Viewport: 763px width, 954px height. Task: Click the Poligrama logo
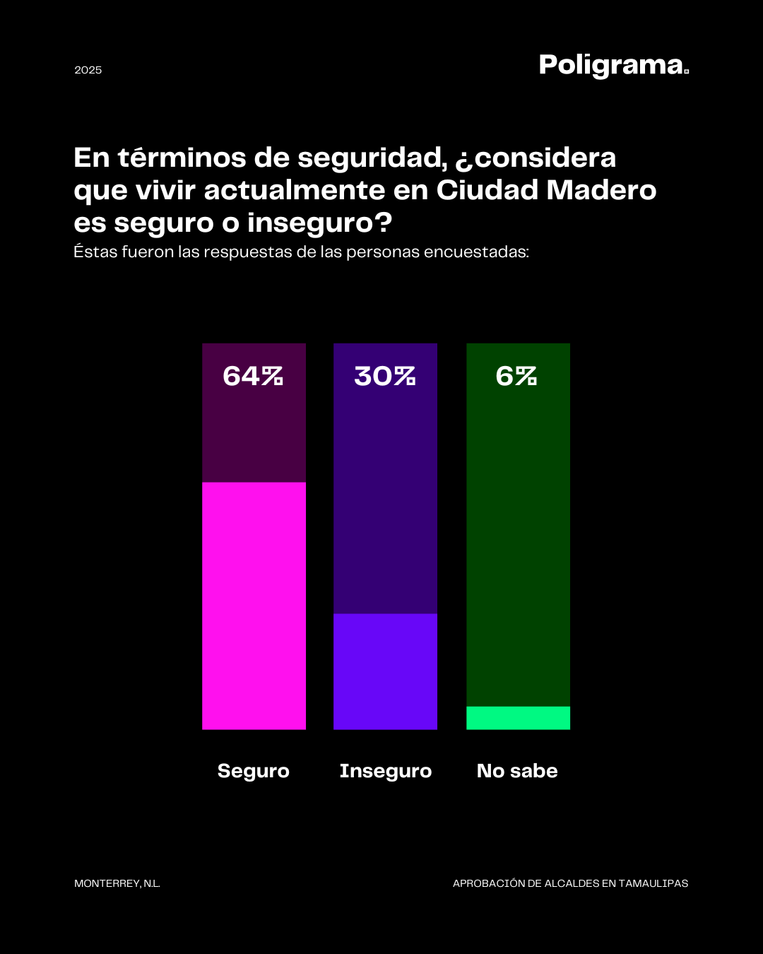[x=613, y=65]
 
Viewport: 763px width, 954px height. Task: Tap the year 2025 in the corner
[x=88, y=70]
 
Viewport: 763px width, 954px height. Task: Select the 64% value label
[x=253, y=376]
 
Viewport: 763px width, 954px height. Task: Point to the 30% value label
[x=385, y=376]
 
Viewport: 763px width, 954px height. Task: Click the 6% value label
[x=516, y=376]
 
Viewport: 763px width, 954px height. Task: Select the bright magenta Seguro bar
[x=254, y=606]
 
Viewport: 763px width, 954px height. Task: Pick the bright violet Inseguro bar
[x=385, y=671]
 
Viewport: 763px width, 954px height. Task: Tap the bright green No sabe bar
[x=518, y=718]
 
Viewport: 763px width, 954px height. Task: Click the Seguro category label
[x=253, y=770]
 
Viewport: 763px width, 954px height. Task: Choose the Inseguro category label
[x=385, y=770]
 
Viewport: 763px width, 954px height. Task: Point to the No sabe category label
[x=517, y=770]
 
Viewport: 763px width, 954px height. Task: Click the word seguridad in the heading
[x=372, y=158]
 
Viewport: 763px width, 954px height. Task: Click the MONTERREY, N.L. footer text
[x=117, y=883]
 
